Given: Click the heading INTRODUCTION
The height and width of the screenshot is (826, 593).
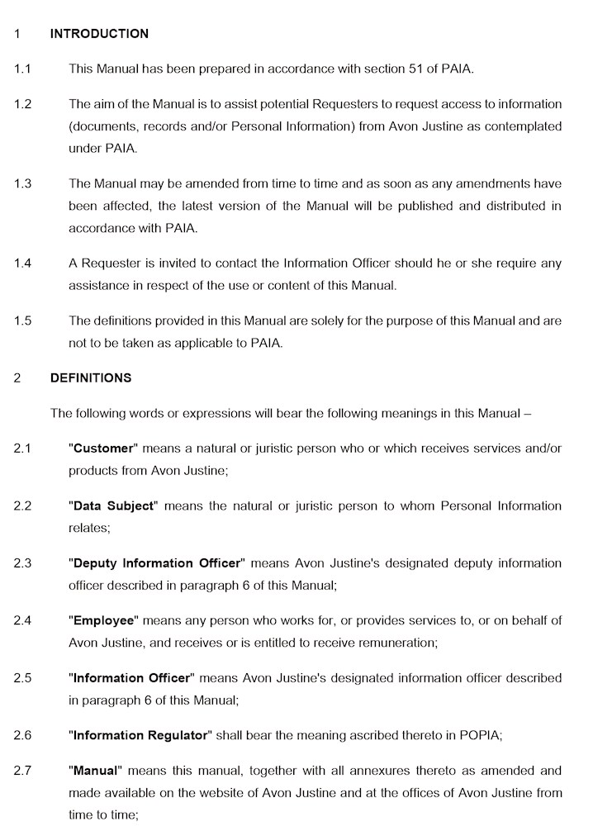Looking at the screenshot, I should coord(99,34).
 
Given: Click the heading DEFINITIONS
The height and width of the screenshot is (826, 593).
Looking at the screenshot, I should coord(90,378).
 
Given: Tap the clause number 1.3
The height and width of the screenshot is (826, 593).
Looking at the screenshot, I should coord(22,183).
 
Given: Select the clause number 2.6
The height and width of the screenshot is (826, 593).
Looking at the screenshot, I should coord(22,734).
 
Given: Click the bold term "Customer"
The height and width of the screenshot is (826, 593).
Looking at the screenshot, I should coord(103,449).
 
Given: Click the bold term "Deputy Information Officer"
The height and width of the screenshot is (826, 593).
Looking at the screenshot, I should coord(157,563).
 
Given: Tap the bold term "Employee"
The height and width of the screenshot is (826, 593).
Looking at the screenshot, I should coord(106,620).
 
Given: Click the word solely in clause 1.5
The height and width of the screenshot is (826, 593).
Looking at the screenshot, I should coord(355,320).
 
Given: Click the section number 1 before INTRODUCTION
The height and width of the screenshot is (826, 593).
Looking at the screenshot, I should coord(17,34).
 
